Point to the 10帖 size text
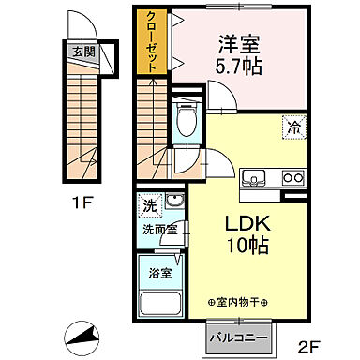point(247,248)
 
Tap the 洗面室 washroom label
point(160,230)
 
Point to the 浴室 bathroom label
point(158,274)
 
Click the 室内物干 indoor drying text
point(237,302)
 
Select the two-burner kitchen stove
point(293,177)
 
